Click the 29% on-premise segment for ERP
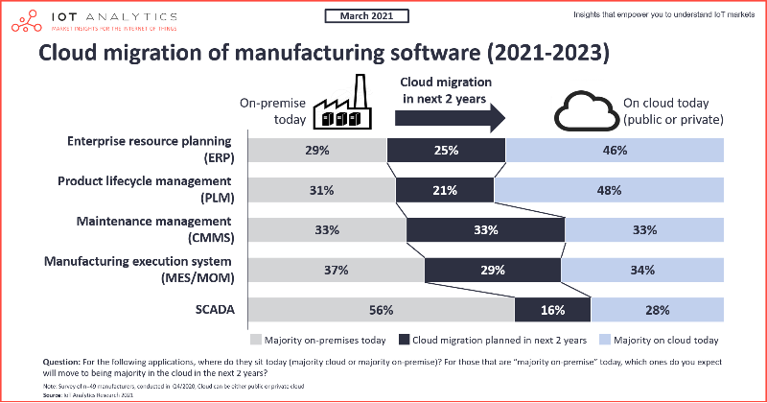pyautogui.click(x=316, y=151)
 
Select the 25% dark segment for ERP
pyautogui.click(x=446, y=151)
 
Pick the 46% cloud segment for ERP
pyautogui.click(x=615, y=151)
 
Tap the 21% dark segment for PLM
pyautogui.click(x=444, y=190)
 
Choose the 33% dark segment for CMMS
pyautogui.click(x=485, y=230)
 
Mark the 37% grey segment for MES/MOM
pyautogui.click(x=335, y=270)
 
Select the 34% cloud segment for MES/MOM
pyautogui.click(x=643, y=270)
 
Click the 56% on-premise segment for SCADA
pyautogui.click(x=381, y=309)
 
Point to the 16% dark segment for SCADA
pyautogui.click(x=552, y=309)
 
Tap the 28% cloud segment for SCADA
pyautogui.click(x=658, y=309)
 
